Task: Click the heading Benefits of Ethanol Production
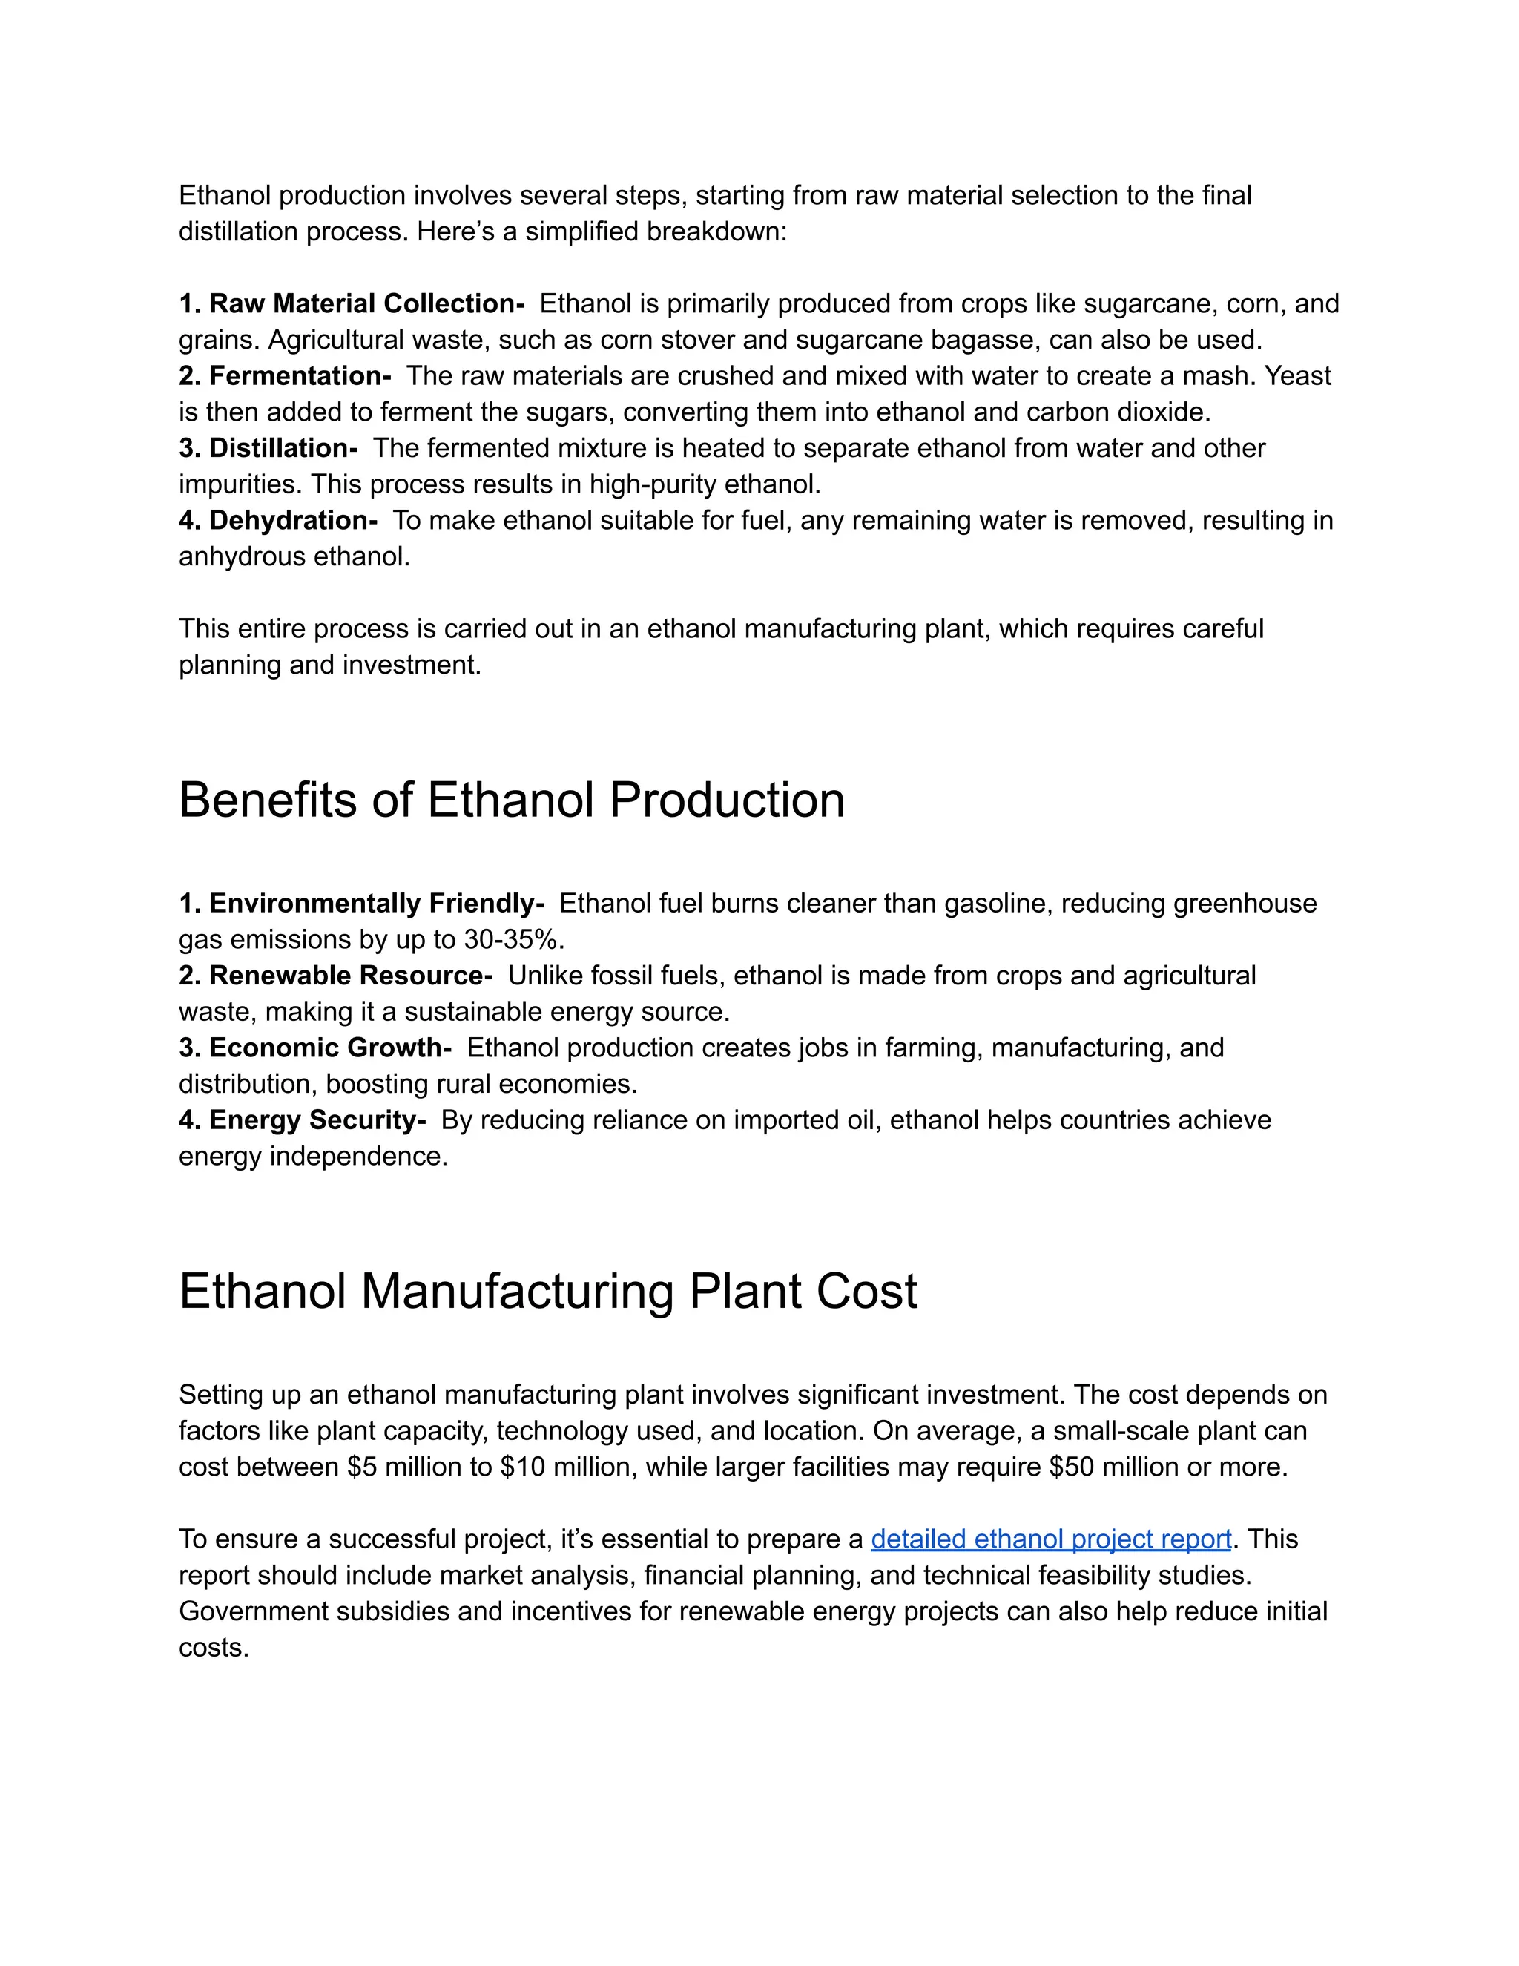coord(511,800)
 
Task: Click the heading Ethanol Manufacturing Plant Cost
coord(547,1292)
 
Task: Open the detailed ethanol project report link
coord(1050,1539)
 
